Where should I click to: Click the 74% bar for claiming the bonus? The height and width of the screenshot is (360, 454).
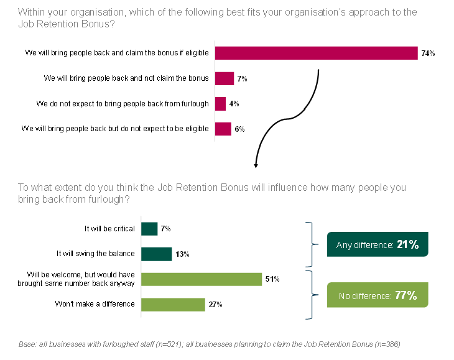pyautogui.click(x=316, y=53)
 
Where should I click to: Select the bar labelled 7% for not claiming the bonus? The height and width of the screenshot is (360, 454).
pyautogui.click(x=224, y=79)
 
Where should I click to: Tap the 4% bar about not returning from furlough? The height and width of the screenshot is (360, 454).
pyautogui.click(x=220, y=104)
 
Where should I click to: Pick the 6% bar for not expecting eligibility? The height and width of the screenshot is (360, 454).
pyautogui.click(x=223, y=129)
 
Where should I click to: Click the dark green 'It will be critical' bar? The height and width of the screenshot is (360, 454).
pyautogui.click(x=149, y=229)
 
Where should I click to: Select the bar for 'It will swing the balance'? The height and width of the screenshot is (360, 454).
pyautogui.click(x=156, y=254)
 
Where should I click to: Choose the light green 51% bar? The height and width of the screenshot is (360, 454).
pyautogui.click(x=202, y=279)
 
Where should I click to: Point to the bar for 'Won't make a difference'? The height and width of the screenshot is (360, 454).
pyautogui.click(x=173, y=305)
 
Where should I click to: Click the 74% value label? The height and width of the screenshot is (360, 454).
pyautogui.click(x=428, y=54)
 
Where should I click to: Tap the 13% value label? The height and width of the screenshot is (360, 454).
pyautogui.click(x=182, y=254)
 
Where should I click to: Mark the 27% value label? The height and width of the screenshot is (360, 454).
pyautogui.click(x=216, y=305)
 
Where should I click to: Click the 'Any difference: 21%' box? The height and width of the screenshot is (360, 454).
pyautogui.click(x=378, y=245)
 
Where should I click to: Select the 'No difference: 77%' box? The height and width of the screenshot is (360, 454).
pyautogui.click(x=378, y=295)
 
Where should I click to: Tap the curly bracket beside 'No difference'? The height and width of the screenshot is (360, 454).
pyautogui.click(x=309, y=295)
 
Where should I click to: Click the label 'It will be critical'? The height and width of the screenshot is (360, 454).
pyautogui.click(x=109, y=229)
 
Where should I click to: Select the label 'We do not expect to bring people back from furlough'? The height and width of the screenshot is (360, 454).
pyautogui.click(x=123, y=104)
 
